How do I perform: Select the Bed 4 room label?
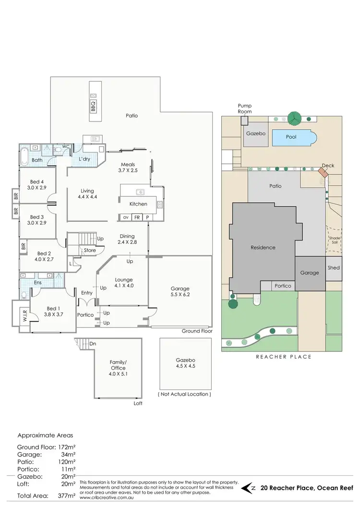37,184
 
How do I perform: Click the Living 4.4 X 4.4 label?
87,194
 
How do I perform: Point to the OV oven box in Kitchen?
125,218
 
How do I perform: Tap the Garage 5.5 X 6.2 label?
180,292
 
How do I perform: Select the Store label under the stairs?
90,250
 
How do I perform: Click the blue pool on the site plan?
293,137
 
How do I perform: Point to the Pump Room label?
245,108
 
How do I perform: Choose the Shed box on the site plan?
334,268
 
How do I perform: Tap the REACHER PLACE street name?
283,357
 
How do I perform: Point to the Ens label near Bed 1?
37,283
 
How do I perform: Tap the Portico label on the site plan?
283,286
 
